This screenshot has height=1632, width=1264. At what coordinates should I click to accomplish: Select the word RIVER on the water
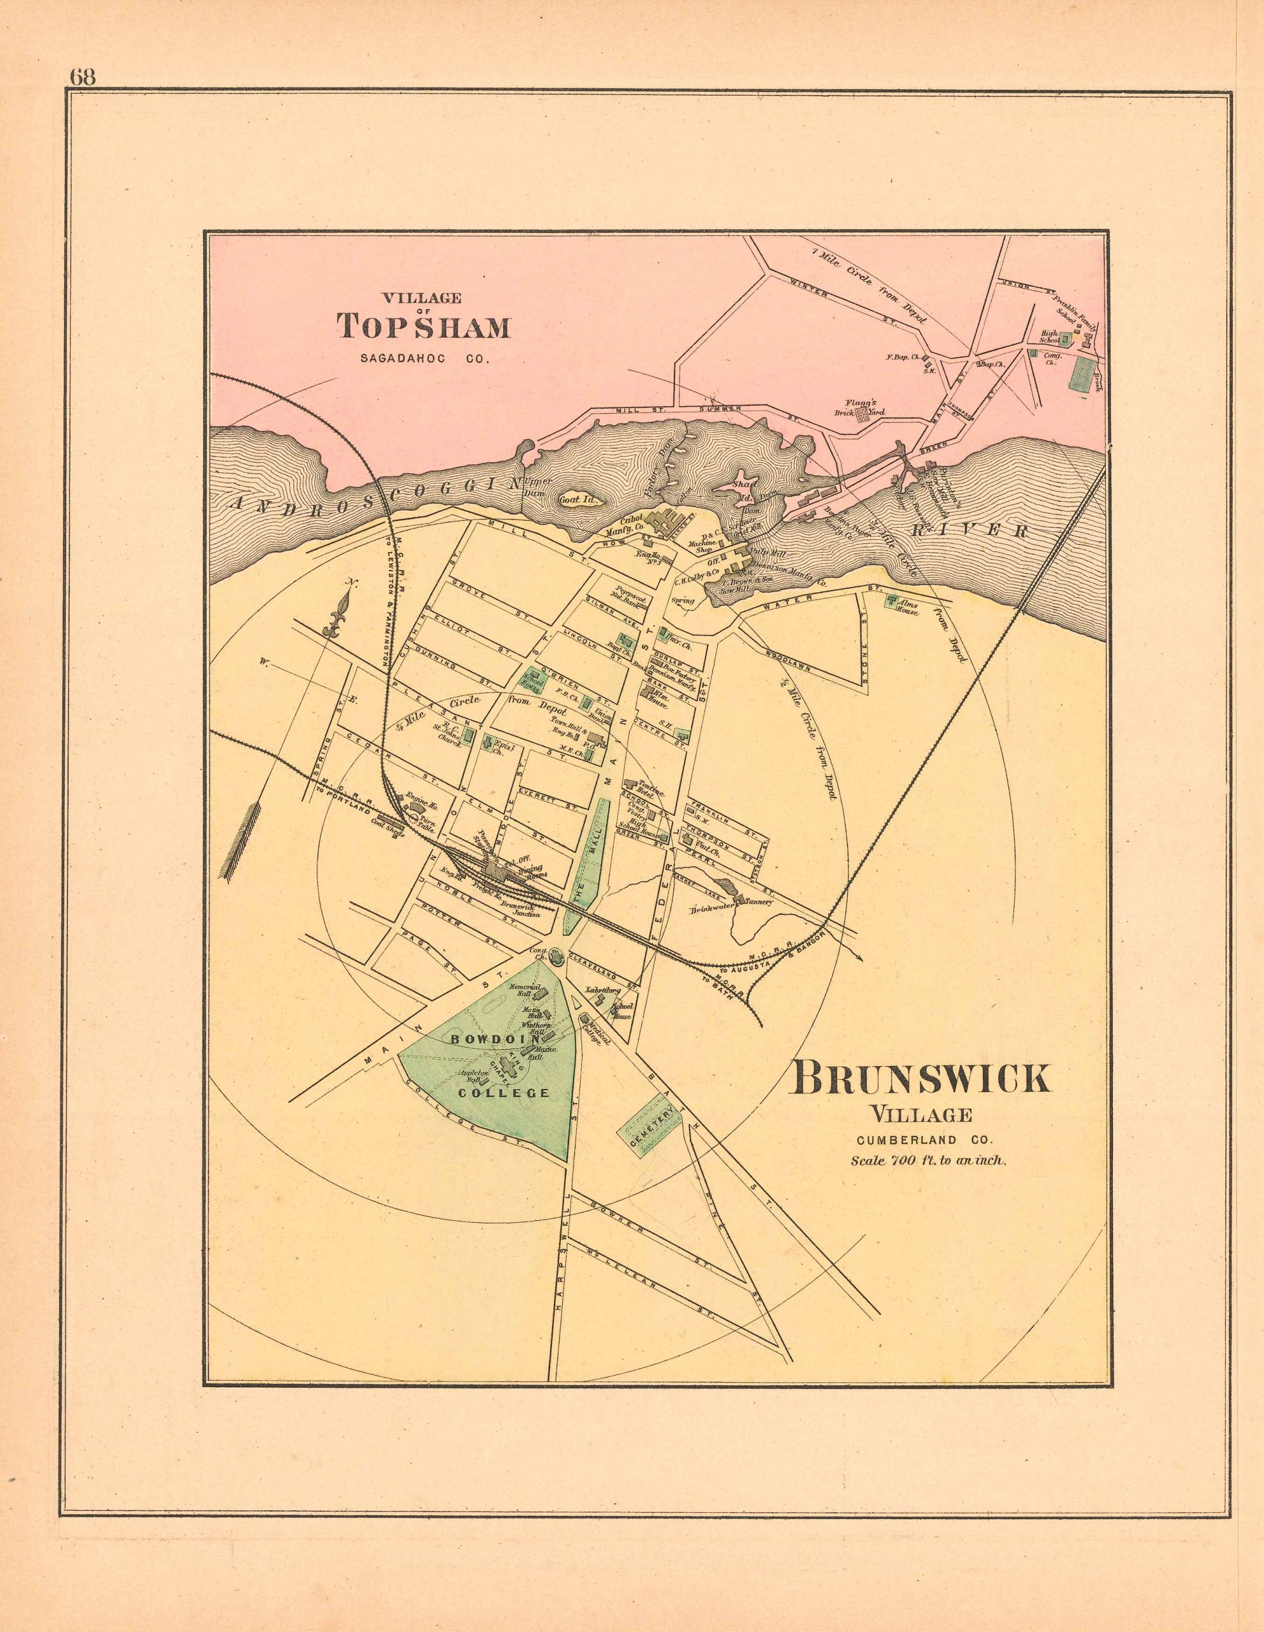[x=972, y=530]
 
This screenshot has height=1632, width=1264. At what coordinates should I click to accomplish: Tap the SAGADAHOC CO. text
[x=424, y=359]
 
